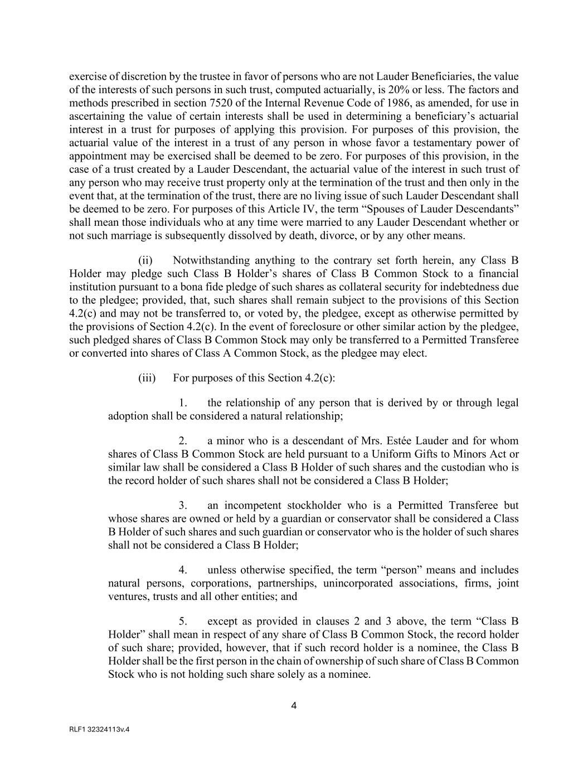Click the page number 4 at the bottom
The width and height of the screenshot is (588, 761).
[294, 705]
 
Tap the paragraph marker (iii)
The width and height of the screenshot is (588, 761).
[147, 378]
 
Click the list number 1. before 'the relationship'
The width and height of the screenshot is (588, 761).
[183, 403]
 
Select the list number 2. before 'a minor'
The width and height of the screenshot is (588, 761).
[183, 440]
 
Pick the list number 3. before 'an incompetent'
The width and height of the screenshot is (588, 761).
[183, 505]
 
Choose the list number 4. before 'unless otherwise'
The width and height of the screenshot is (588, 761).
[183, 570]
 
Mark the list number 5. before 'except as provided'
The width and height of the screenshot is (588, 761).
[183, 621]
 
